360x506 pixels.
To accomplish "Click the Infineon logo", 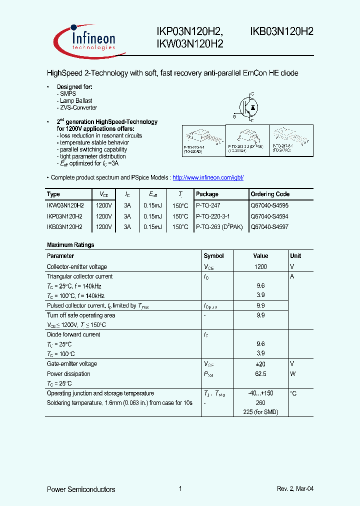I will coord(86,39).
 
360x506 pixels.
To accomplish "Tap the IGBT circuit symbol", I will coord(246,105).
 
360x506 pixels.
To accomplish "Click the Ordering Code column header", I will coord(270,194).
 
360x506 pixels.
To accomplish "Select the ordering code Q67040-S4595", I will coord(269,205).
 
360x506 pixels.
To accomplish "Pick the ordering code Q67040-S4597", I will coord(269,227).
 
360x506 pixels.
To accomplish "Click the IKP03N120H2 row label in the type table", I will coord(65,216).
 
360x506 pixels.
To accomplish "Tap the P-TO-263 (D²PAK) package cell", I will coord(218,227).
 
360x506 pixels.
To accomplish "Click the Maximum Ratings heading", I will coord(70,245).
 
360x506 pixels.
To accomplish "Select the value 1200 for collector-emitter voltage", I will coord(260,267).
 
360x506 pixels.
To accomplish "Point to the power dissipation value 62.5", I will coord(260,374).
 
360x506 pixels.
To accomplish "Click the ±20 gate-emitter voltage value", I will coord(260,364).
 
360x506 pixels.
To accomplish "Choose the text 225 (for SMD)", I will coord(260,412).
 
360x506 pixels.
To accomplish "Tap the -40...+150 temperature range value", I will coord(260,393).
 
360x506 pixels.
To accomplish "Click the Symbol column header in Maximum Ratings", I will coord(213,256).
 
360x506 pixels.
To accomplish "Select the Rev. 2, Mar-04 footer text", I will coord(295,489).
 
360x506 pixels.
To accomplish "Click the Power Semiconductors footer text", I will coord(81,489).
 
